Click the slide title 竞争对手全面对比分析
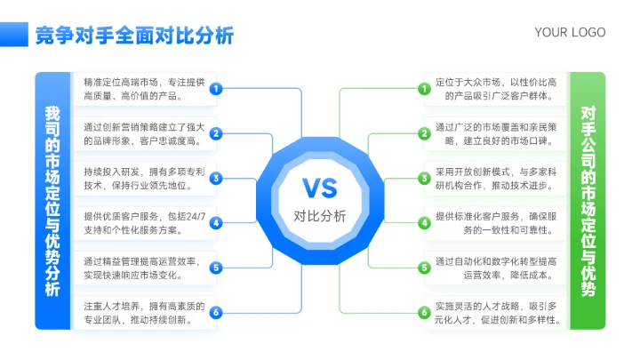134,35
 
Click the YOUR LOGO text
570,33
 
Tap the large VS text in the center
319,188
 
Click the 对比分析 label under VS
319,215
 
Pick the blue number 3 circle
215,178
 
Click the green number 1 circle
425,88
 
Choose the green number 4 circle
425,223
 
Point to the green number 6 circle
425,312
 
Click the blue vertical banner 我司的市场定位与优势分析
52,201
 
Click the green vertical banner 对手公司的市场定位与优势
588,201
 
